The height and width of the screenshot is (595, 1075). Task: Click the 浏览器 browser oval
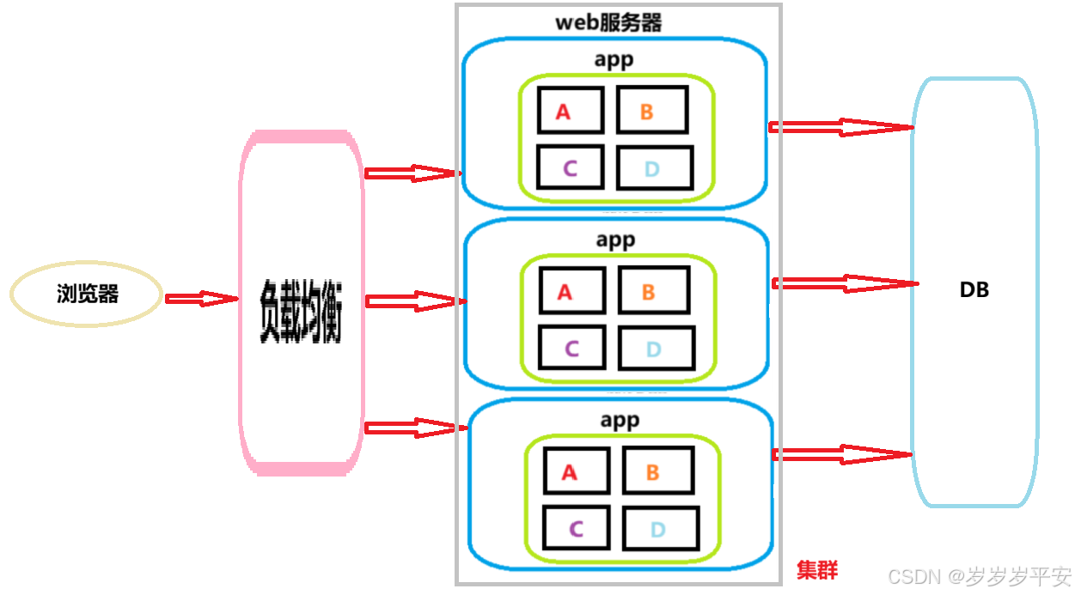point(87,294)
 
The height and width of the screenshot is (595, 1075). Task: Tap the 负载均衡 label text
point(301,312)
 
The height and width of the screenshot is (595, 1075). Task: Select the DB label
point(974,290)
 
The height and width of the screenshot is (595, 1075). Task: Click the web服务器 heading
point(608,22)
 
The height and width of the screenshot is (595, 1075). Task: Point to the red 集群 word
point(816,570)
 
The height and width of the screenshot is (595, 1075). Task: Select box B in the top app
point(651,109)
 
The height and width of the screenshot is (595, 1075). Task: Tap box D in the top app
point(655,167)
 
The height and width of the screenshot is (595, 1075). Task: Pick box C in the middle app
point(571,348)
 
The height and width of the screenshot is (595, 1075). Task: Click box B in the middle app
point(653,290)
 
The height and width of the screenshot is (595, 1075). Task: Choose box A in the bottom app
point(576,471)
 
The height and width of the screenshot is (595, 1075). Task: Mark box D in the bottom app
point(660,528)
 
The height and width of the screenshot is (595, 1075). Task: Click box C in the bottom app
point(576,528)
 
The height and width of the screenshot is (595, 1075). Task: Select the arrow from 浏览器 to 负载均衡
point(200,299)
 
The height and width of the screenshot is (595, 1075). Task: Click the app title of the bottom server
point(619,421)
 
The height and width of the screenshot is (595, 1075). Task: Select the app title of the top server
point(614,59)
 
